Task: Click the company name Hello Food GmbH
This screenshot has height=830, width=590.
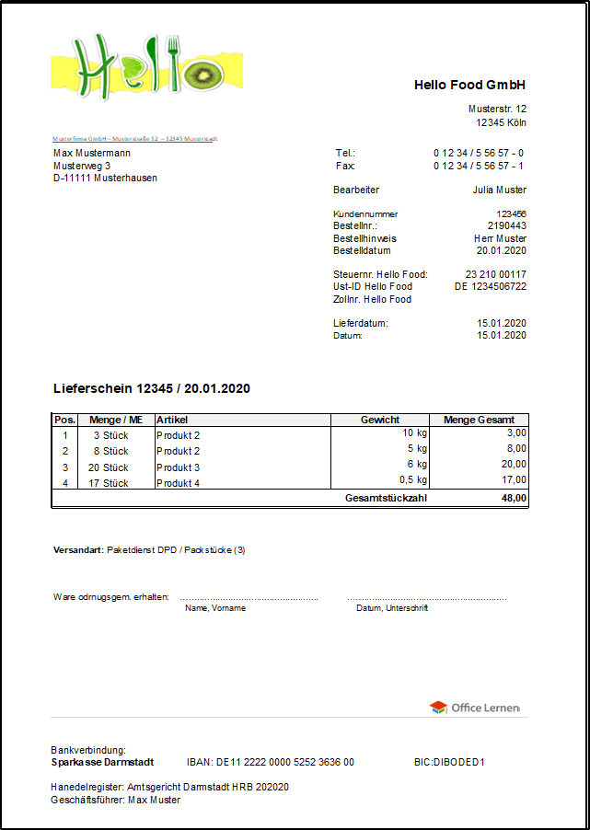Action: click(469, 85)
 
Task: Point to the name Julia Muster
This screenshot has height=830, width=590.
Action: click(499, 190)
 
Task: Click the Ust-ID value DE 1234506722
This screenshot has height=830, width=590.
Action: click(491, 286)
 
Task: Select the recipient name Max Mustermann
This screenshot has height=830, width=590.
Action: click(92, 153)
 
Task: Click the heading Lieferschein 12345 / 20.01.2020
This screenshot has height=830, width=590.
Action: click(152, 388)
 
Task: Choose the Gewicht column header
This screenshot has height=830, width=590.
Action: click(379, 420)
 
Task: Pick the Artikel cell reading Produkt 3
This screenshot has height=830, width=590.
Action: click(179, 467)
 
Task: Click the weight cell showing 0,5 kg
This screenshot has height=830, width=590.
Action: click(411, 479)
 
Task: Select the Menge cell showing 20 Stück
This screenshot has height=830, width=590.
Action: click(108, 467)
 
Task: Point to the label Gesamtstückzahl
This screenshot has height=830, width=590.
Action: click(386, 498)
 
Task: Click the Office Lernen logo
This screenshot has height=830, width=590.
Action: click(475, 707)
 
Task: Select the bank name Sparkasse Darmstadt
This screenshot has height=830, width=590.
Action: click(102, 762)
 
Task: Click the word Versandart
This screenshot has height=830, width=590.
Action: click(77, 549)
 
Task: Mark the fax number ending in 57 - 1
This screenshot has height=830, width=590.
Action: click(479, 166)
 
